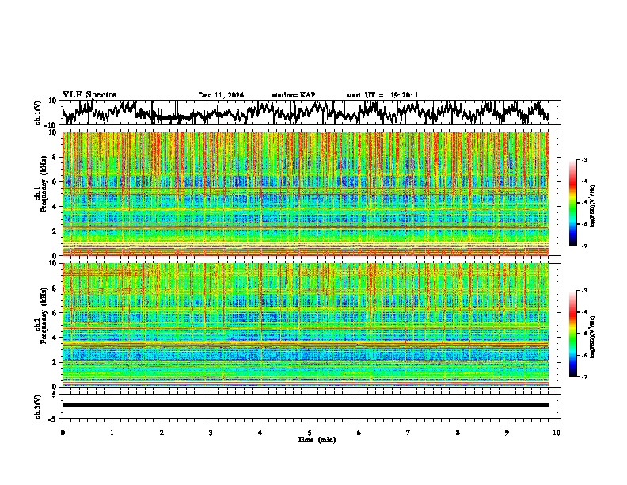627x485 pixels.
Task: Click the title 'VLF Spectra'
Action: pyautogui.click(x=89, y=94)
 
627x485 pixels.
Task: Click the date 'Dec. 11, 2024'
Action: pyautogui.click(x=221, y=95)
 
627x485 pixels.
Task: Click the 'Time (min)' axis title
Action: pyautogui.click(x=310, y=439)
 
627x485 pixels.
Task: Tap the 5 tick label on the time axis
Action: pyautogui.click(x=310, y=432)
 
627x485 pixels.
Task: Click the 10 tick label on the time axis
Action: pyautogui.click(x=557, y=432)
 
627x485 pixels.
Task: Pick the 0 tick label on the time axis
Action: pyautogui.click(x=63, y=432)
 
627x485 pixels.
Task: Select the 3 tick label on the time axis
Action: pyautogui.click(x=211, y=432)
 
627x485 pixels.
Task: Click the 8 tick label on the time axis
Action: pyautogui.click(x=458, y=432)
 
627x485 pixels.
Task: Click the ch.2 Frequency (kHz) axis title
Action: pyautogui.click(x=40, y=324)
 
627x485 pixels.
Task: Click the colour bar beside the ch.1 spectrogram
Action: pyautogui.click(x=580, y=203)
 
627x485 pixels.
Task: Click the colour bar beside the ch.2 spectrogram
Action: pyautogui.click(x=580, y=334)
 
